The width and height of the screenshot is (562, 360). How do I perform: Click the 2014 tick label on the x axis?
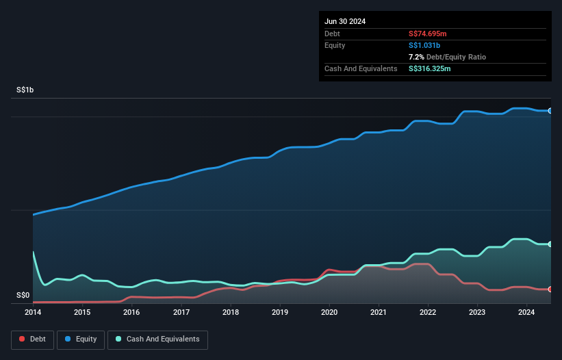[33, 313]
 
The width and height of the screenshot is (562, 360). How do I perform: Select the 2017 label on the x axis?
[181, 313]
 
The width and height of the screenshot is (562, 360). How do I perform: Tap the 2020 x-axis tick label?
[330, 313]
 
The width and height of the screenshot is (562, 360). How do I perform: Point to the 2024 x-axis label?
[527, 313]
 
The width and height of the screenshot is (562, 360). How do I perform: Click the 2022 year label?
[429, 313]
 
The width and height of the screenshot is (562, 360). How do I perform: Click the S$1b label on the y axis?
[25, 90]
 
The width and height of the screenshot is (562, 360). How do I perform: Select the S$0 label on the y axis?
[23, 296]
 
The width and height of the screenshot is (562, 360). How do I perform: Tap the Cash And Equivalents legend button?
[157, 339]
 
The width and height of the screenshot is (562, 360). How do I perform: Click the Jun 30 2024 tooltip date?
[345, 21]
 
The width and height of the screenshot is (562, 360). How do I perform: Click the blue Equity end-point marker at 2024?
[550, 110]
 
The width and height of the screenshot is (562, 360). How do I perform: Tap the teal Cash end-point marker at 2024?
[550, 244]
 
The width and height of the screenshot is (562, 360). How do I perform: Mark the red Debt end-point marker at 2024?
[550, 290]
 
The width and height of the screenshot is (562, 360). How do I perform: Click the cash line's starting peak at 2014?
[33, 253]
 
